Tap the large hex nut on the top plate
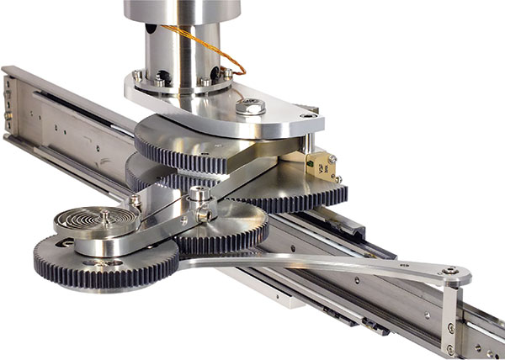[x=250, y=107]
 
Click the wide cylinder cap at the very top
[x=181, y=9]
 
